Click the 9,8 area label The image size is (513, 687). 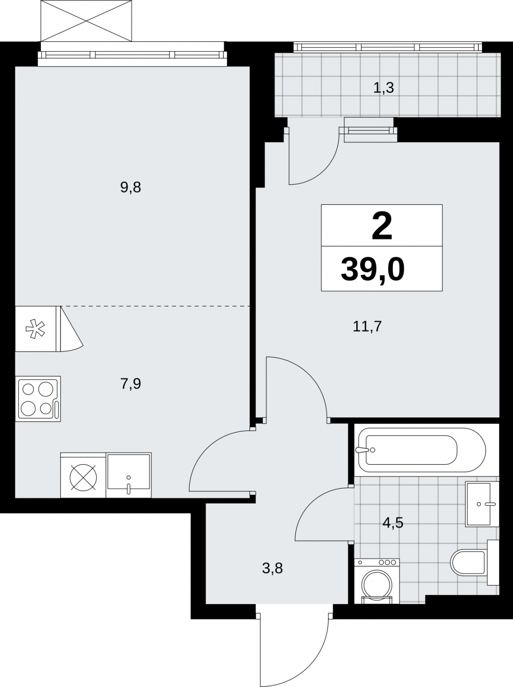[131, 188]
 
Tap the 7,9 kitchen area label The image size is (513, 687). [131, 384]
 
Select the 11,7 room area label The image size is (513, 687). [367, 327]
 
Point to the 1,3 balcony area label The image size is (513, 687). [383, 88]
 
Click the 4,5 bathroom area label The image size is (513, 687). [393, 523]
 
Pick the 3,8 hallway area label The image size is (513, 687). [273, 568]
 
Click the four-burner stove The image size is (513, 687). [38, 399]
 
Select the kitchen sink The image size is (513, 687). [128, 475]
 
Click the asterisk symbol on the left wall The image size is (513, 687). [35, 328]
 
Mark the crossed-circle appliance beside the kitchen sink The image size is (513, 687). [83, 475]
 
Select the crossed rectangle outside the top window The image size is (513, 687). [86, 21]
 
